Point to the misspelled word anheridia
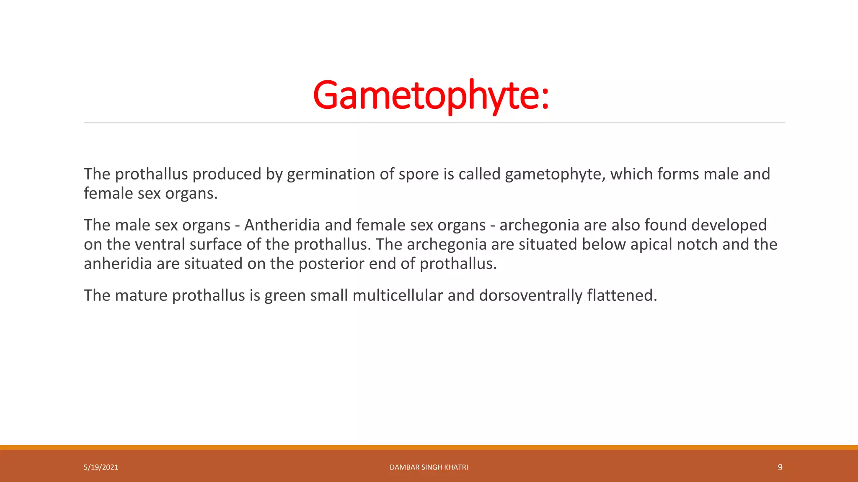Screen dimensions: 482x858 pyautogui.click(x=118, y=264)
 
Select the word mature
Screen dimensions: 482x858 pyautogui.click(x=141, y=295)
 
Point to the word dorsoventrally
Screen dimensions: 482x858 pyautogui.click(x=530, y=295)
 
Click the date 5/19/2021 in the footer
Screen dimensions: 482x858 pyautogui.click(x=101, y=467)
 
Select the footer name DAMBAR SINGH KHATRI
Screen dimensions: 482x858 pyautogui.click(x=429, y=467)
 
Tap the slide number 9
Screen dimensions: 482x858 pyautogui.click(x=780, y=467)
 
